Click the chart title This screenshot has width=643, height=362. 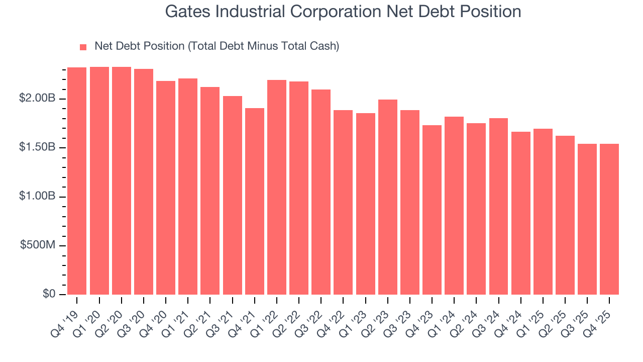(343, 12)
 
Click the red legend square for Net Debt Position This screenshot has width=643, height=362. (83, 47)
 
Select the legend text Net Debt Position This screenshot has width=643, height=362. (217, 46)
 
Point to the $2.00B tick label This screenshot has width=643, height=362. (37, 99)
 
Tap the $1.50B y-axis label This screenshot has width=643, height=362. (37, 148)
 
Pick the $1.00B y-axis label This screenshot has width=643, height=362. (37, 197)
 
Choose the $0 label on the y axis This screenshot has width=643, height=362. (48, 294)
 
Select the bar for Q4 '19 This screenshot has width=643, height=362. (77, 181)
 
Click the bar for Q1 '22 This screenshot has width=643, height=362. (277, 187)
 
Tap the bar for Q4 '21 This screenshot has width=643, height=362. (255, 201)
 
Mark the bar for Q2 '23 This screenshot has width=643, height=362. (388, 197)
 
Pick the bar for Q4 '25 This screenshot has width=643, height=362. (609, 219)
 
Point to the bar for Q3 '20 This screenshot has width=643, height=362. (144, 182)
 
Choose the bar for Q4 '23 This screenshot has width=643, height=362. (432, 210)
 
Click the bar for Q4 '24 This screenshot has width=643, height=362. (521, 213)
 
